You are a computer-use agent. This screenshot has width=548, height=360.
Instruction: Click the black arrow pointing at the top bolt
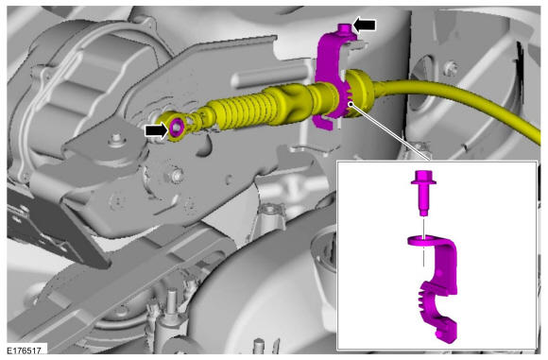point(364,26)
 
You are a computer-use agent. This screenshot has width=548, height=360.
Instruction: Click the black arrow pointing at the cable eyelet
point(157,130)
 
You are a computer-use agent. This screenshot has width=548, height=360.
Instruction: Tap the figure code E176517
point(25,351)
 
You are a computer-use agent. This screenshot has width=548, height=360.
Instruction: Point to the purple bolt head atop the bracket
point(344,28)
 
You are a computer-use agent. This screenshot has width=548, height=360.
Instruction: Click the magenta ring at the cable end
point(177,127)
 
